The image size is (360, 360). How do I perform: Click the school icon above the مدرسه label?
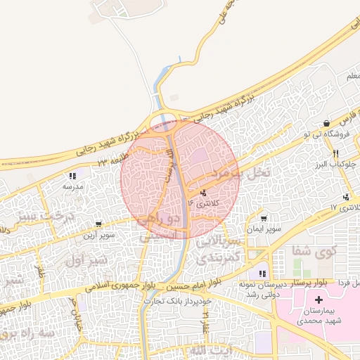[72, 176]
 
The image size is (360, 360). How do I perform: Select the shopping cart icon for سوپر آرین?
[98, 224]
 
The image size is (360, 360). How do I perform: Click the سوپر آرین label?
[98, 235]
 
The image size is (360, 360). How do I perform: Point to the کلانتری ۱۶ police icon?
[203, 193]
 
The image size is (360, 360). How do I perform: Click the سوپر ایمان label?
[264, 229]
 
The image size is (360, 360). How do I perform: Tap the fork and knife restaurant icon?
[336, 153]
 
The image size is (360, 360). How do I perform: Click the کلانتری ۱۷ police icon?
[346, 197]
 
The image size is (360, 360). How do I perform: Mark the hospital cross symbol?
[319, 300]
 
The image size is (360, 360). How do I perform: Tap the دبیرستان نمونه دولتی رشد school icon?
[262, 274]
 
